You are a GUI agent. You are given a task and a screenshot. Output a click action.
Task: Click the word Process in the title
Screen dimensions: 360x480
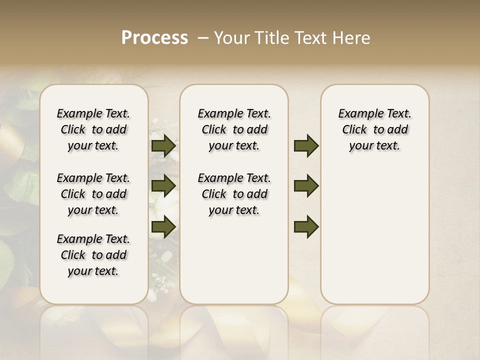pyautogui.click(x=154, y=37)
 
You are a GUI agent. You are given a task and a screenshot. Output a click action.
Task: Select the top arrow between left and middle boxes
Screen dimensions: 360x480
pyautogui.click(x=163, y=146)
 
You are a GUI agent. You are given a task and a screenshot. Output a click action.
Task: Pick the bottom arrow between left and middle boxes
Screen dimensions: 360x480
pyautogui.click(x=163, y=226)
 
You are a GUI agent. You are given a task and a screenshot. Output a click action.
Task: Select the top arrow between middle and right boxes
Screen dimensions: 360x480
pyautogui.click(x=306, y=146)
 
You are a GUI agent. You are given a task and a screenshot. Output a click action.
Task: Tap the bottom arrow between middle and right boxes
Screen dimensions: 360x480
pyautogui.click(x=306, y=226)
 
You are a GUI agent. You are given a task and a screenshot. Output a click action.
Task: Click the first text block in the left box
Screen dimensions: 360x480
pyautogui.click(x=93, y=129)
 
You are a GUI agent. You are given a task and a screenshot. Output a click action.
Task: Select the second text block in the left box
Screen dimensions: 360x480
pyautogui.click(x=93, y=194)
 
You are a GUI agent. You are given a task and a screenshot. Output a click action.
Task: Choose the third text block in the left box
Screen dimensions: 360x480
pyautogui.click(x=93, y=255)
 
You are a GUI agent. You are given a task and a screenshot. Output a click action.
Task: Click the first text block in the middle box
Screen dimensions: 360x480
pyautogui.click(x=234, y=129)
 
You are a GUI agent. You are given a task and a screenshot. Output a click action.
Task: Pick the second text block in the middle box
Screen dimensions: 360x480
pyautogui.click(x=234, y=194)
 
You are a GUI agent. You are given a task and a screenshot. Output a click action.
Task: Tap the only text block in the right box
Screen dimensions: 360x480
pyautogui.click(x=374, y=129)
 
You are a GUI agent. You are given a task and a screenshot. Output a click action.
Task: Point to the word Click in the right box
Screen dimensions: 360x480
pyautogui.click(x=354, y=130)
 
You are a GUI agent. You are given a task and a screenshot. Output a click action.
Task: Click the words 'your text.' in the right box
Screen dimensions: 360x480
pyautogui.click(x=374, y=146)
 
